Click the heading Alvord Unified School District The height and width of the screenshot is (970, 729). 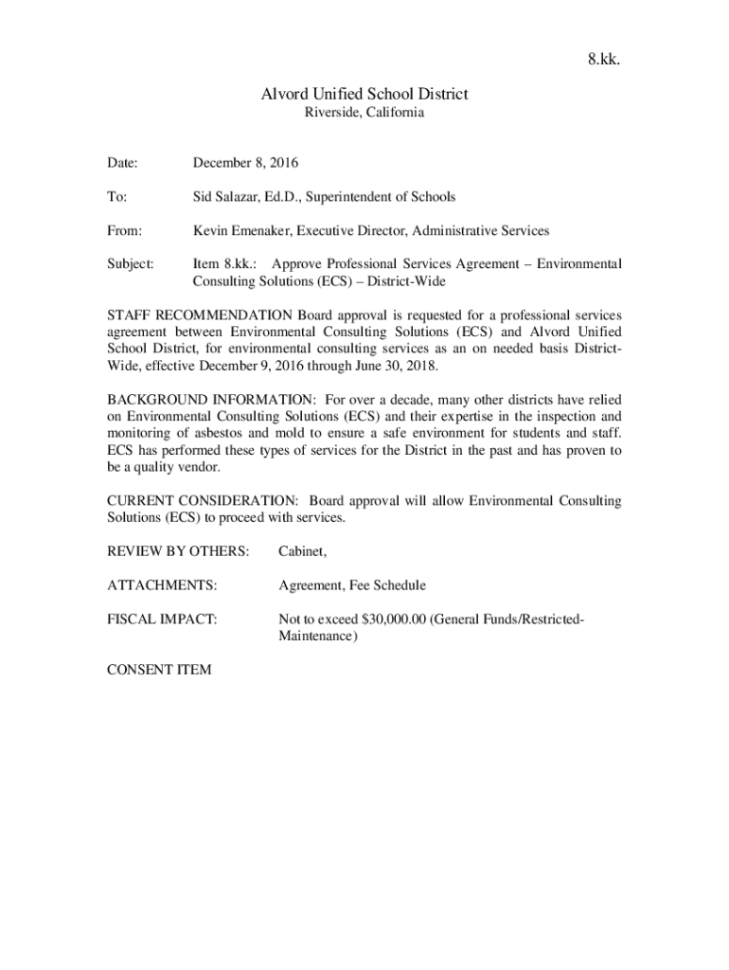(364, 94)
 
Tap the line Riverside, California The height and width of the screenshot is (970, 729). (364, 113)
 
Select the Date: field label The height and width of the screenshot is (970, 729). (123, 163)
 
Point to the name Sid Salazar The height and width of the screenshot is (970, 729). (226, 197)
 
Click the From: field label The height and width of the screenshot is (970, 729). (125, 230)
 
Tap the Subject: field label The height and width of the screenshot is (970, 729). (130, 264)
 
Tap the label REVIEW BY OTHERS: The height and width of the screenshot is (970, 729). (178, 551)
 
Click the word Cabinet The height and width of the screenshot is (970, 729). (301, 551)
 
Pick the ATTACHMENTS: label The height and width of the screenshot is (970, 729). (162, 585)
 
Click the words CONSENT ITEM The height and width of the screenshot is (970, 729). (159, 670)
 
